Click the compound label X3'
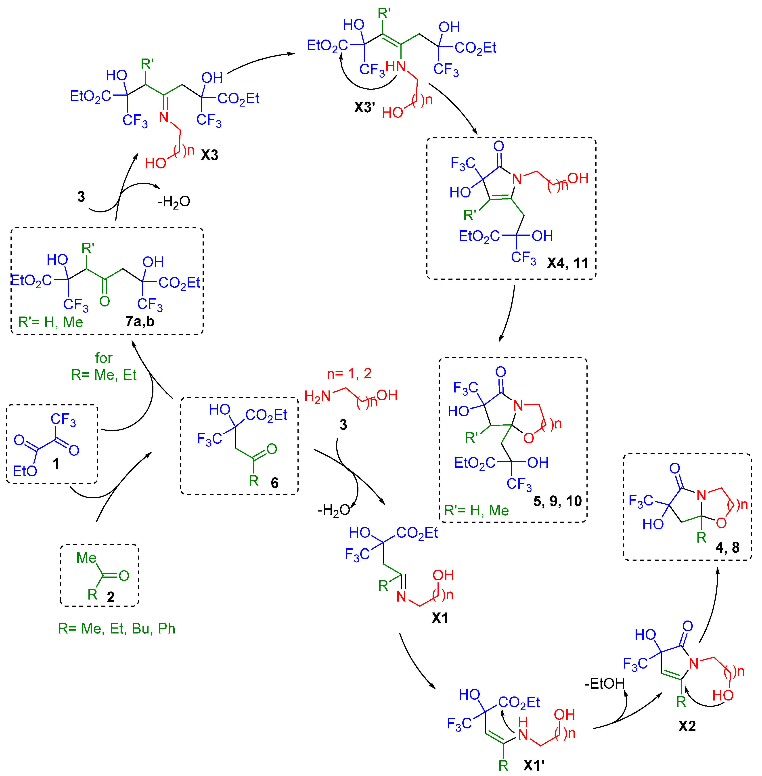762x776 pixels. (364, 107)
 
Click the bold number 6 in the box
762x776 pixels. (274, 483)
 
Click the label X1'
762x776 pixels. (534, 766)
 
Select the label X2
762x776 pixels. (687, 726)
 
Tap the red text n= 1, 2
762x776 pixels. (349, 373)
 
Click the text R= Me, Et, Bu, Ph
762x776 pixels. (116, 629)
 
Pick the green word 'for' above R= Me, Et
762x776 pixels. (104, 358)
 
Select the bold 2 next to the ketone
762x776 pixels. (111, 597)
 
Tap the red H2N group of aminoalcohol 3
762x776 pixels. (317, 396)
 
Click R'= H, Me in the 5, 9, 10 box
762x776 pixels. (476, 510)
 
